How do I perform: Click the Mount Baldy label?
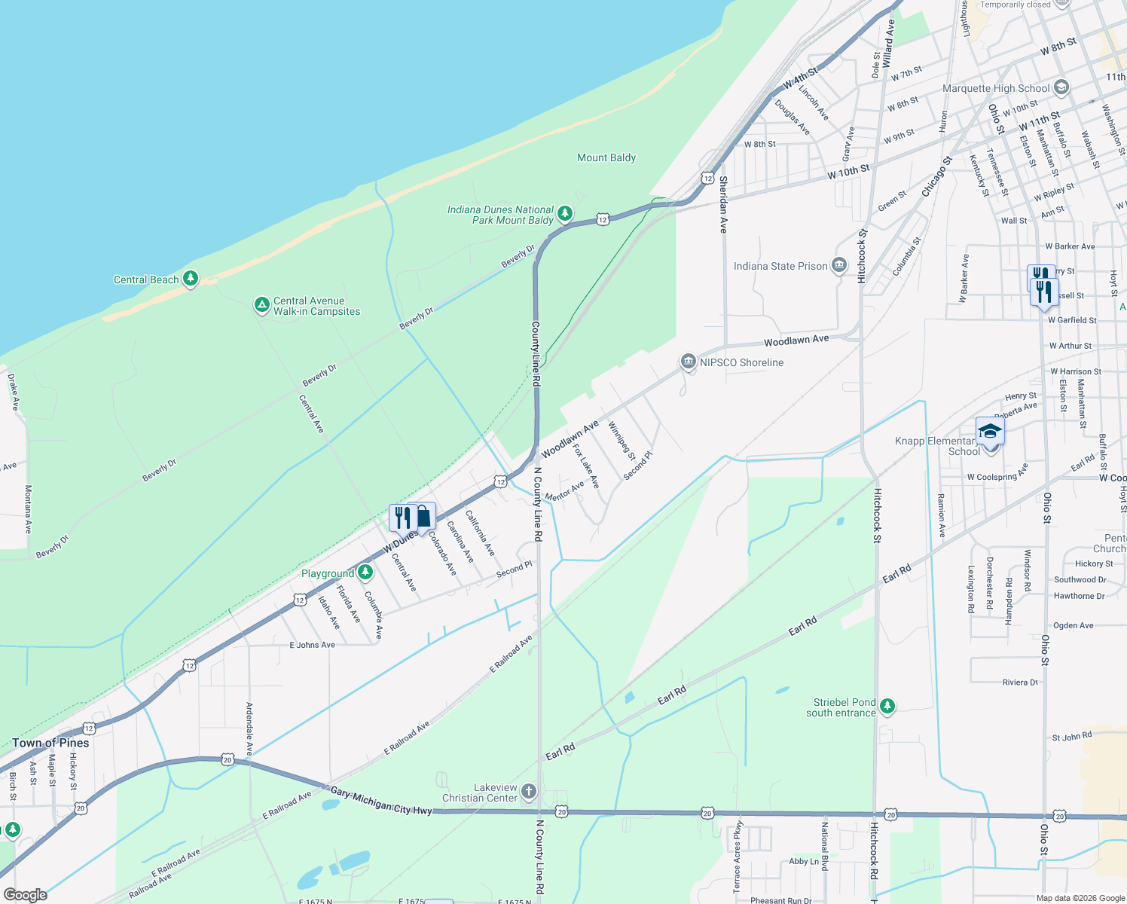click(x=606, y=157)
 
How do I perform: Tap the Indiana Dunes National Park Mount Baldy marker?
click(x=564, y=213)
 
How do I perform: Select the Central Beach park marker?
click(x=191, y=279)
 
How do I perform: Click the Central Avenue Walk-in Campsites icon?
click(x=261, y=305)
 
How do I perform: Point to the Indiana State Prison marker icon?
click(x=839, y=265)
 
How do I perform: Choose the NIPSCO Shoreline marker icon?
click(x=688, y=362)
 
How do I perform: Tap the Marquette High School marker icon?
click(x=1061, y=87)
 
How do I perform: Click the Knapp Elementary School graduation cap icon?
click(x=990, y=432)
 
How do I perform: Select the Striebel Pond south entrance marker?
click(x=887, y=706)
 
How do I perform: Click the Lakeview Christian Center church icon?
click(x=529, y=791)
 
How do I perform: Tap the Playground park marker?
click(x=365, y=573)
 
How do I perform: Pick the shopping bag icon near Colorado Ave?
click(x=424, y=517)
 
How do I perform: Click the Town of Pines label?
click(x=50, y=743)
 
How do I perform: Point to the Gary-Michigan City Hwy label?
click(x=381, y=800)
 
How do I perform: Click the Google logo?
click(x=25, y=894)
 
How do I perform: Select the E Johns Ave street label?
click(x=312, y=645)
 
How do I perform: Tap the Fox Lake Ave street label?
click(x=585, y=466)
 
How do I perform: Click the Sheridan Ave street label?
click(x=723, y=204)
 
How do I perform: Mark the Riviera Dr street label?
click(x=1020, y=683)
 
